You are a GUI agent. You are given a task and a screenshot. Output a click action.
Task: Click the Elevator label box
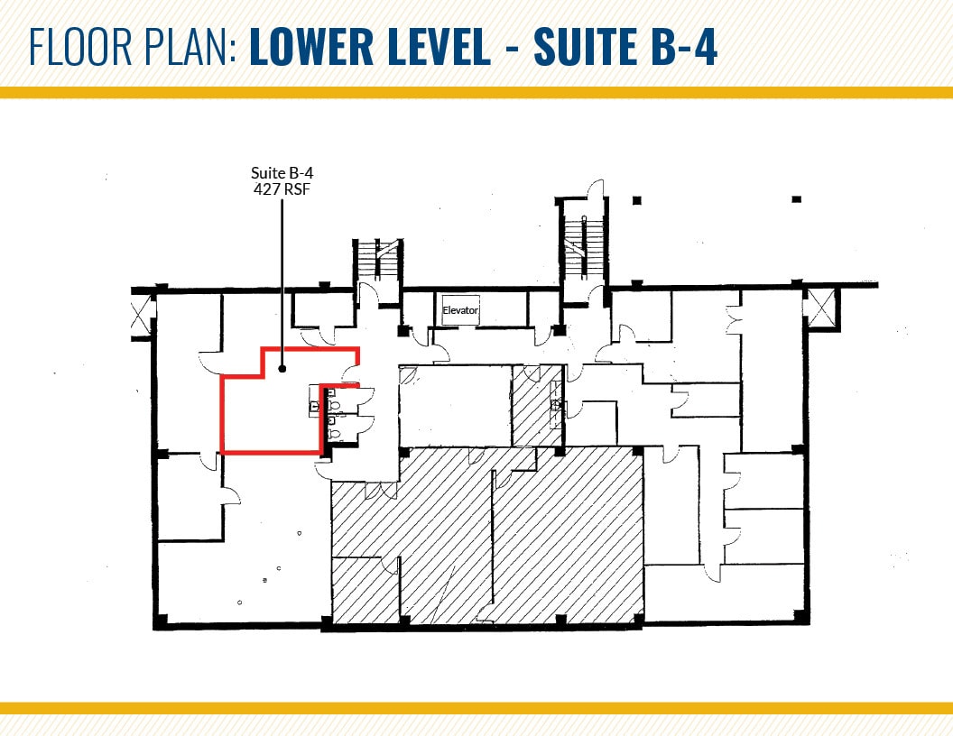pyautogui.click(x=460, y=310)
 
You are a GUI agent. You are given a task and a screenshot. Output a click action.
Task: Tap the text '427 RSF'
pyautogui.click(x=282, y=189)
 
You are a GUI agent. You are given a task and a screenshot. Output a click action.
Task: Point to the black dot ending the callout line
pyautogui.click(x=282, y=368)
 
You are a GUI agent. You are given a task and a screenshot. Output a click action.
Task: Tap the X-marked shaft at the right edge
pyautogui.click(x=821, y=308)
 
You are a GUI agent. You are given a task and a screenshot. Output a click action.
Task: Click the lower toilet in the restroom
pyautogui.click(x=334, y=434)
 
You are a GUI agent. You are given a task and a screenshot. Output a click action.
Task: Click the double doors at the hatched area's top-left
pyautogui.click(x=381, y=490)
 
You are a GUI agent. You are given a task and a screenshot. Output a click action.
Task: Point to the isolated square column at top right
pyautogui.click(x=797, y=199)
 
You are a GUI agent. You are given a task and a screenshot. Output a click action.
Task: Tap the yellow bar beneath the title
pyautogui.click(x=476, y=92)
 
